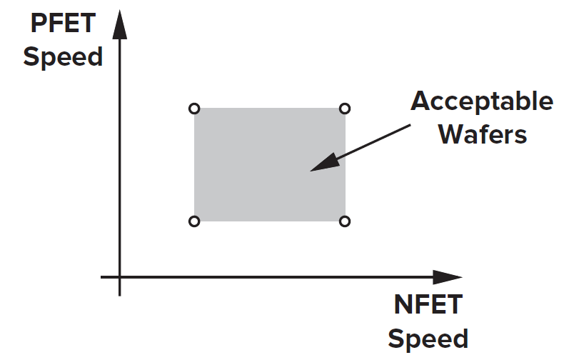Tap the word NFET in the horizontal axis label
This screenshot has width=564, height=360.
pos(428,305)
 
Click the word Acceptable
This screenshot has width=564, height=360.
pos(482,101)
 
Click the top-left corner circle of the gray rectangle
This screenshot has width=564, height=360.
pos(193,109)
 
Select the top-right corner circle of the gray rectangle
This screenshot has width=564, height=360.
pos(345,109)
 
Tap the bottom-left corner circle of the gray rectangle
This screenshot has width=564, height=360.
pos(193,221)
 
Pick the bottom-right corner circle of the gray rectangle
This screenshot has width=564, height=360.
pos(345,221)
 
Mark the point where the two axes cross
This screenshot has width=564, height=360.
pos(120,277)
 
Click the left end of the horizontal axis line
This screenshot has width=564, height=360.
pos(102,277)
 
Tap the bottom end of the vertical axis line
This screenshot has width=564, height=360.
pos(120,294)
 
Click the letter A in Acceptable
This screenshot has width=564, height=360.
pos(421,101)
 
